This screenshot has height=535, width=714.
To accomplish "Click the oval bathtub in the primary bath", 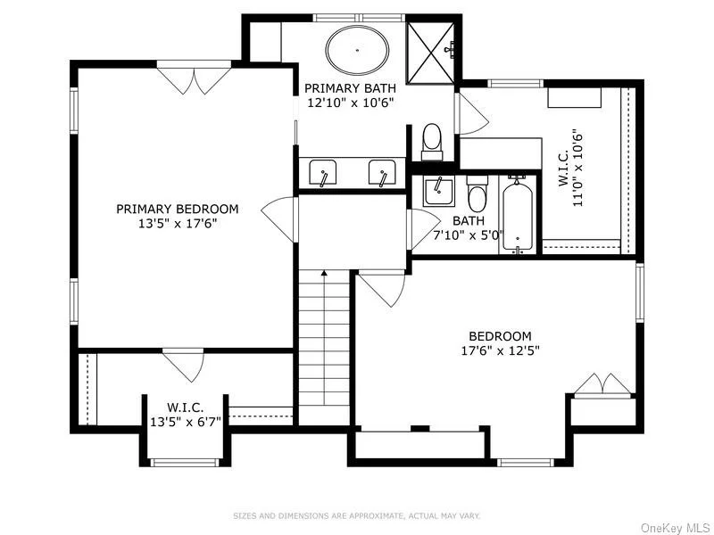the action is [x=358, y=50].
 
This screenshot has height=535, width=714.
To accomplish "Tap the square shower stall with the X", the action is [x=430, y=53].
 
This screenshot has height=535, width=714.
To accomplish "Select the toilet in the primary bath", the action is [x=432, y=143].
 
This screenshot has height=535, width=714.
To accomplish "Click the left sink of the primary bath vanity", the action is [x=323, y=172].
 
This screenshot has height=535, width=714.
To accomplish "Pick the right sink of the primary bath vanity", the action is [x=382, y=172].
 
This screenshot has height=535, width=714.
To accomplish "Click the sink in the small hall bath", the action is [x=438, y=192].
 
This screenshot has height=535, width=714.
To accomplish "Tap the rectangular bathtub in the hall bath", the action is [x=518, y=215].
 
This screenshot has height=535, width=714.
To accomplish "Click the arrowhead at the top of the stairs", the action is [x=324, y=274].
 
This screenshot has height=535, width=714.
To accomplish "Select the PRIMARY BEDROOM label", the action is [x=177, y=209].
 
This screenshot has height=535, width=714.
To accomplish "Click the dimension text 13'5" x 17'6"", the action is [x=177, y=224].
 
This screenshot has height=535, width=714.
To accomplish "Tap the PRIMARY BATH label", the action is [x=350, y=87].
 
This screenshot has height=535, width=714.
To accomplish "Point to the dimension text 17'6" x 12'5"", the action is [x=501, y=350].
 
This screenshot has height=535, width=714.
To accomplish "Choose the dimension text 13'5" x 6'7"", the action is [x=186, y=422].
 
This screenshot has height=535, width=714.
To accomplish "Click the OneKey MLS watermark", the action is [x=676, y=528].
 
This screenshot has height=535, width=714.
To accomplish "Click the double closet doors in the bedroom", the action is [x=603, y=384].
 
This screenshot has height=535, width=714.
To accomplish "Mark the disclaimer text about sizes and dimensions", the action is [x=356, y=516].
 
